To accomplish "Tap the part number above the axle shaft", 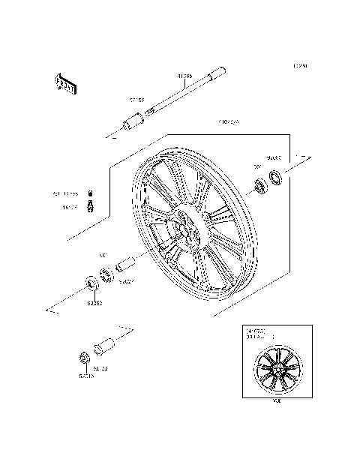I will click(x=184, y=76).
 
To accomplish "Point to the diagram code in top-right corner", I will click(x=301, y=66).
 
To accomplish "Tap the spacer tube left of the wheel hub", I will click(x=124, y=265).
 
